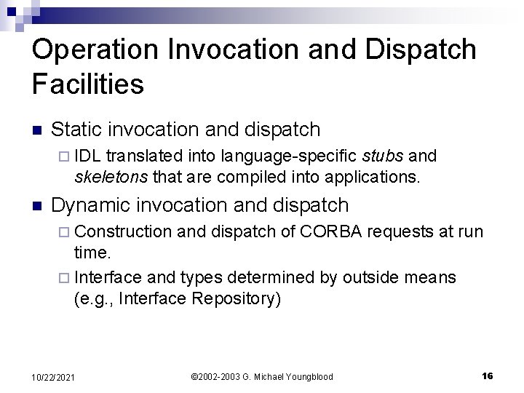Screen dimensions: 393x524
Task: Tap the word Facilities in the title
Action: point(88,84)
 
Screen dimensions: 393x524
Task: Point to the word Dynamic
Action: point(91,205)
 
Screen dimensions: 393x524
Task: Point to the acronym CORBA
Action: point(330,231)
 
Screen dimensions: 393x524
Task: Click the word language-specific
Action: point(289,155)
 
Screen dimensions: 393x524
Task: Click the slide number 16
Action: point(488,376)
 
